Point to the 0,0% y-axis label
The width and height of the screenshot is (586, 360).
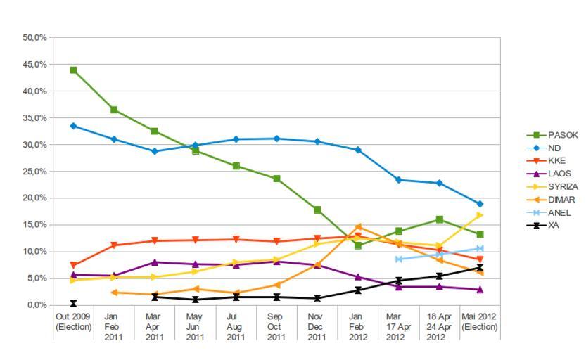click(x=37, y=305)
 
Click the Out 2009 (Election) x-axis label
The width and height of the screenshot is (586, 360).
click(x=73, y=322)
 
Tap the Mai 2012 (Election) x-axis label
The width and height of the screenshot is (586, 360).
click(x=480, y=322)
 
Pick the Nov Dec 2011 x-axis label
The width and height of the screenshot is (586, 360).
click(x=317, y=327)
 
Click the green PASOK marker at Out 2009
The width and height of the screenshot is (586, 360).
click(x=73, y=70)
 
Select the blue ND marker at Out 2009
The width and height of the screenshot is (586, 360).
click(x=73, y=126)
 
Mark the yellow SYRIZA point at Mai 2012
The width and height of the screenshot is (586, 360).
click(x=480, y=214)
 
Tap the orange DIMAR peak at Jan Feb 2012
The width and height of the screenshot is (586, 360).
click(x=358, y=226)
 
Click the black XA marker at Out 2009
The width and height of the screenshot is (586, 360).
click(x=73, y=304)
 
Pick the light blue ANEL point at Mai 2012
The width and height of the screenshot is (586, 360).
click(x=480, y=248)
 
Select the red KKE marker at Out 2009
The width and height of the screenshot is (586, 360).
click(x=73, y=265)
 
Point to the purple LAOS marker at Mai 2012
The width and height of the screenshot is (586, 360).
click(x=480, y=289)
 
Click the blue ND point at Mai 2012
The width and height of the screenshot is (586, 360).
click(x=480, y=204)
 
